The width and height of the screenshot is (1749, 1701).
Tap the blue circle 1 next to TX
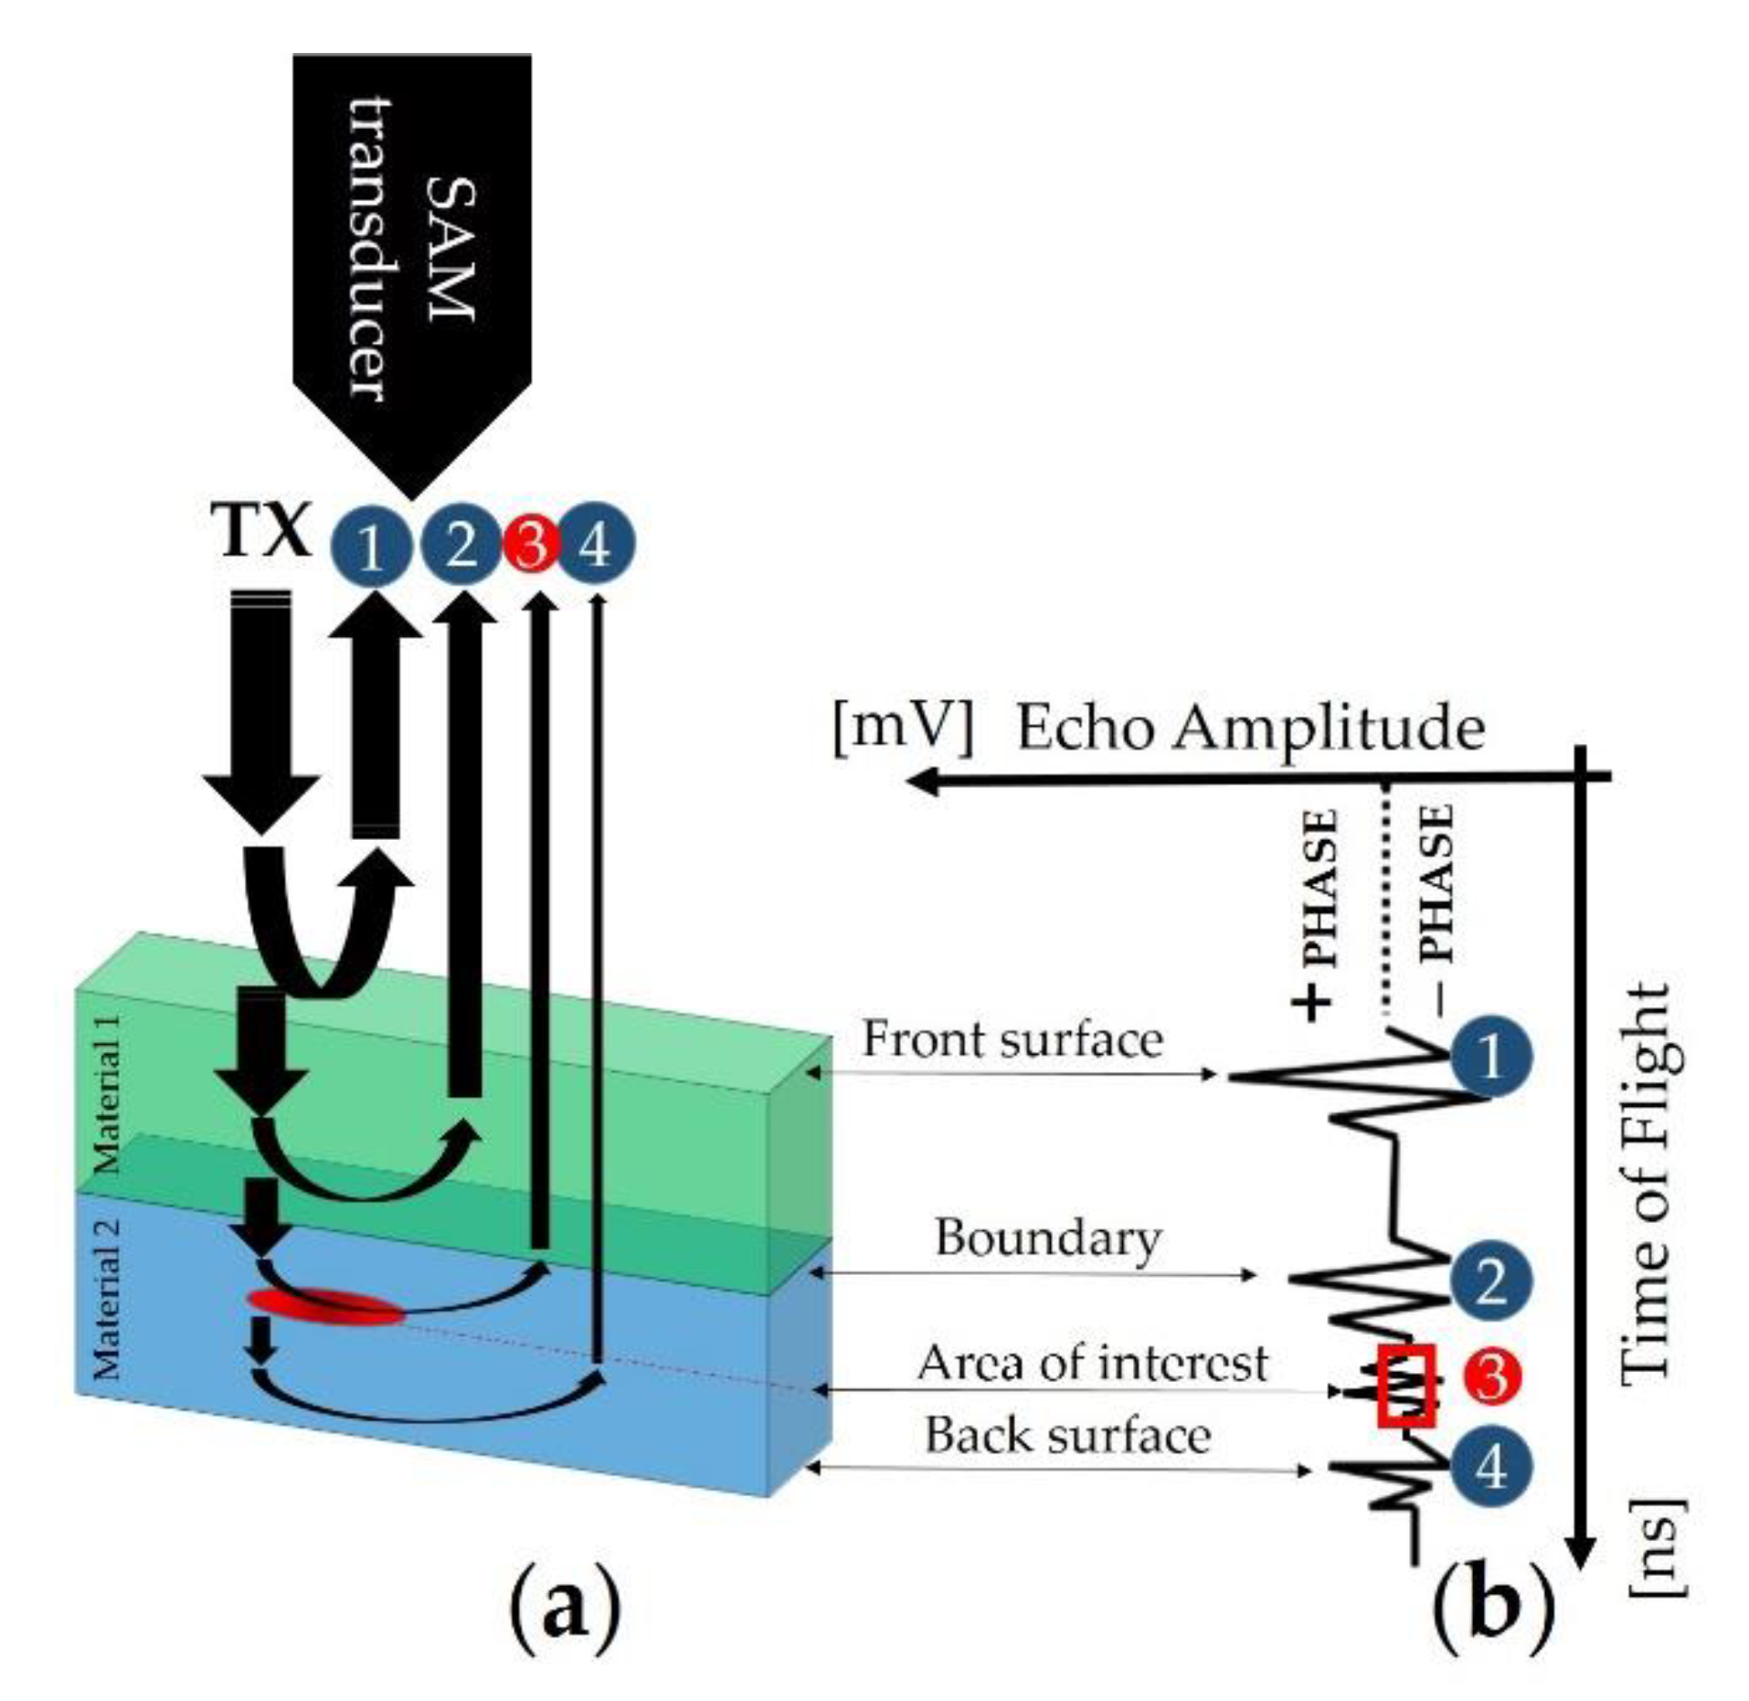(370, 548)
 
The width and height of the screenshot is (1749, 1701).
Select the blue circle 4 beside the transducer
(595, 547)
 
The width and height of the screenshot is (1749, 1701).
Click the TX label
(261, 530)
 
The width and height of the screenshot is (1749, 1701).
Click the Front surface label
(1012, 1039)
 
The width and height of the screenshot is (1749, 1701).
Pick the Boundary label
(1047, 1239)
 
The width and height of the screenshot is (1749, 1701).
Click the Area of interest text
(1092, 1363)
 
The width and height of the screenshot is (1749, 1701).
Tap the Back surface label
(1068, 1435)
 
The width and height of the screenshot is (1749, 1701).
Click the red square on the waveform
(1406, 1386)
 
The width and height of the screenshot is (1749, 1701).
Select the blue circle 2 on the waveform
(1490, 1281)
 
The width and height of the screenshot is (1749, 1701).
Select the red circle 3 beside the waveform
(1491, 1377)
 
